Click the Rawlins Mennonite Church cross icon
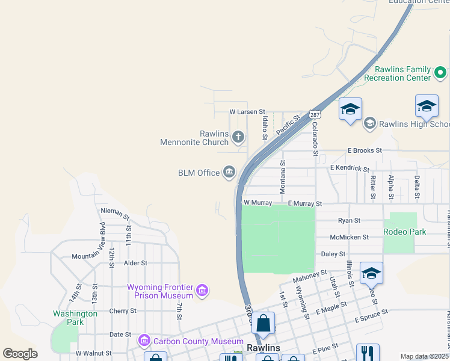[238, 137]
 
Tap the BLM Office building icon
[229, 173]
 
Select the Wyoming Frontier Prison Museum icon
[202, 291]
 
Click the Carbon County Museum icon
[144, 341]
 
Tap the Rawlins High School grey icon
[369, 123]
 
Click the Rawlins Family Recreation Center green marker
[440, 73]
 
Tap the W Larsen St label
[247, 112]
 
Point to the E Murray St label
[305, 204]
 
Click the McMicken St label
[349, 237]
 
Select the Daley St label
[334, 255]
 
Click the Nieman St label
[116, 212]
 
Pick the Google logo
[20, 354]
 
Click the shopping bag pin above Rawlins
[264, 324]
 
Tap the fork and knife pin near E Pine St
[368, 353]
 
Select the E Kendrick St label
[350, 168]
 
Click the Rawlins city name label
[264, 348]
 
